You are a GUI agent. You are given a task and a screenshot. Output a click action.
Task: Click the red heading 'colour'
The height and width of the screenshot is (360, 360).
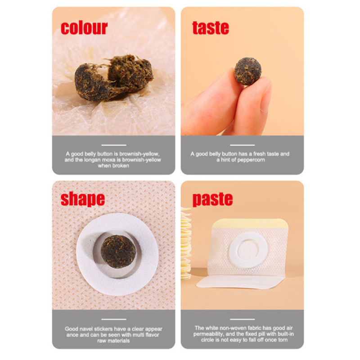point(84,28)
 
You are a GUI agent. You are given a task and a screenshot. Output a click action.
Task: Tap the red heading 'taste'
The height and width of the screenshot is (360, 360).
point(211,28)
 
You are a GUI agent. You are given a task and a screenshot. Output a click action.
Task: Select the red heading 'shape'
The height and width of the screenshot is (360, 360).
point(83,199)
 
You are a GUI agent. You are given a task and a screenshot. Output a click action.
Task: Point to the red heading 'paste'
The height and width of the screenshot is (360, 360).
point(212,199)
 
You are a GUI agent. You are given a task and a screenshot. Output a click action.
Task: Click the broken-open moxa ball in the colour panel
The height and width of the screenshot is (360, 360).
point(114,77)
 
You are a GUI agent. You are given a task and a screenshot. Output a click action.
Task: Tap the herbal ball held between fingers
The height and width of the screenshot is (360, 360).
point(248,71)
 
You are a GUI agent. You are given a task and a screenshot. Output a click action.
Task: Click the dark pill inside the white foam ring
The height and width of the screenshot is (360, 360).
point(118,252)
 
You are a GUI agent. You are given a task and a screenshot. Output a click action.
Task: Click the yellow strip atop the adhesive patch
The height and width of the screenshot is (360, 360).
point(250,223)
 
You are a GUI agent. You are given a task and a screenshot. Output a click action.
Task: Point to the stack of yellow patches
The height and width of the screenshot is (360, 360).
point(186,243)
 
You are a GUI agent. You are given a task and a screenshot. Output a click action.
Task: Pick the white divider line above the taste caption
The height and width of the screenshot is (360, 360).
point(242,145)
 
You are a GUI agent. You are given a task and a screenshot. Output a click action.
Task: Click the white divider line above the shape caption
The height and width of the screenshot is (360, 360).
point(114,319)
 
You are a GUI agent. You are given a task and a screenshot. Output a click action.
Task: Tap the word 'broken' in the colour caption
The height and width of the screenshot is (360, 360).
point(121,166)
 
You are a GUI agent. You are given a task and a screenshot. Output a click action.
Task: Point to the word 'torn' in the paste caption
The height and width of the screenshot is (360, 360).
point(283,340)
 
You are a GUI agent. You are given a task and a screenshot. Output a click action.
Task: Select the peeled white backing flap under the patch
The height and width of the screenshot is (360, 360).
point(240,282)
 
